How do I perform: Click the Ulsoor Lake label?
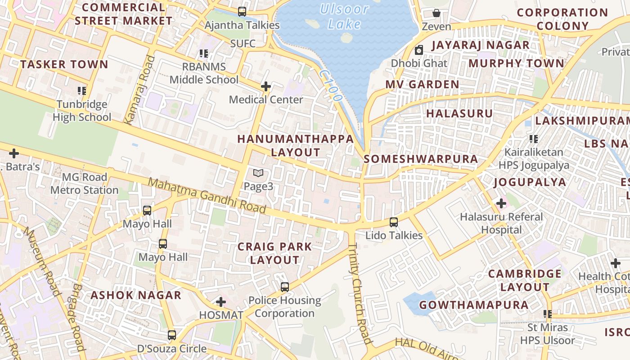[x=344, y=16]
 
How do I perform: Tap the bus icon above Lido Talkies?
[x=394, y=222]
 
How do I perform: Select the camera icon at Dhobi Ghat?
[x=419, y=50]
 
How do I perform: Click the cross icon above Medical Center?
[x=266, y=86]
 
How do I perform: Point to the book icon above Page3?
[x=258, y=173]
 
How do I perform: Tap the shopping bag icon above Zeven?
[x=436, y=13]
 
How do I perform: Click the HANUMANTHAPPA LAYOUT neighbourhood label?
[x=296, y=145]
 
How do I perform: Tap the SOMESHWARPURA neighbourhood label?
[x=421, y=159]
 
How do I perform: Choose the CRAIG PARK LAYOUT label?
[x=274, y=253]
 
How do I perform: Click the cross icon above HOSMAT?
[x=221, y=301]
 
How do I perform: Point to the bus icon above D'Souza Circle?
[x=172, y=335]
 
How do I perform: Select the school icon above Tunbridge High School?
[x=81, y=91]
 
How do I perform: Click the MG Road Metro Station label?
[x=84, y=184]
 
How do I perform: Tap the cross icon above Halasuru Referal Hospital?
[x=501, y=203]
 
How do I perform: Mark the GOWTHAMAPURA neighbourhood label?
[x=474, y=305]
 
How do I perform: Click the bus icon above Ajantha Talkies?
[x=242, y=12]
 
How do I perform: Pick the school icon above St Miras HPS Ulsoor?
[x=547, y=314]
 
